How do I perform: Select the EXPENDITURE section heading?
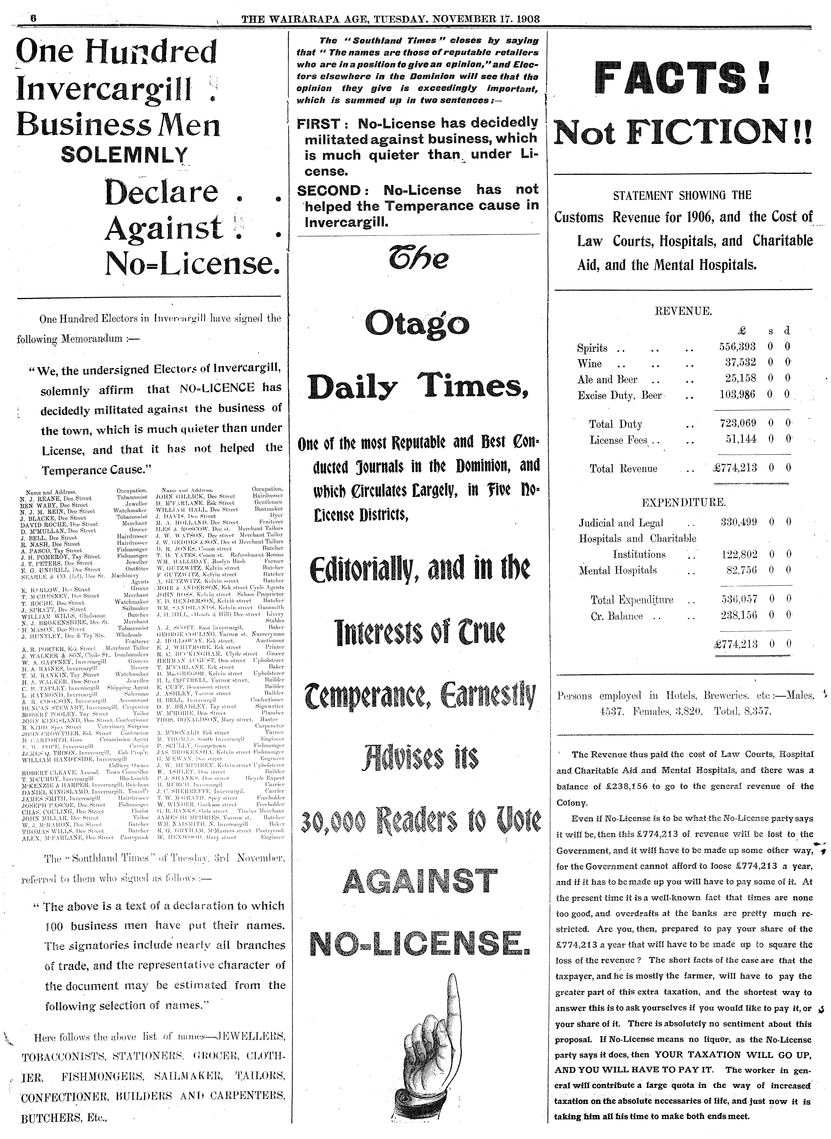[x=683, y=502]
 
